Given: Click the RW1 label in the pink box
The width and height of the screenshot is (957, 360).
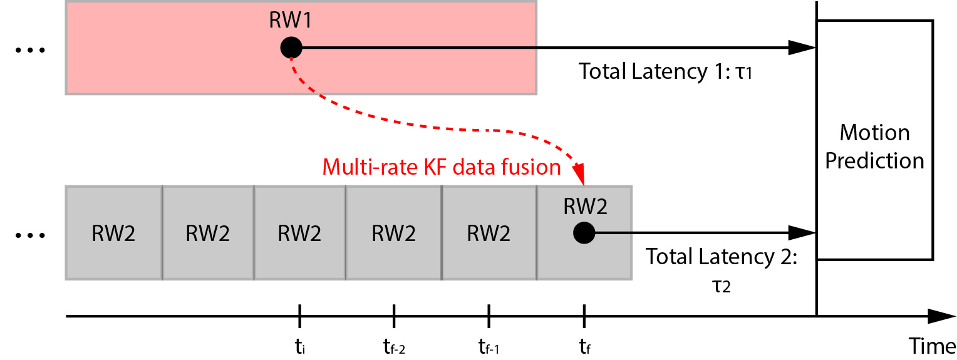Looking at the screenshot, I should coord(290,21).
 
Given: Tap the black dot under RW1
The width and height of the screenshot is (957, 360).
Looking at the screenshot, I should coord(291,47).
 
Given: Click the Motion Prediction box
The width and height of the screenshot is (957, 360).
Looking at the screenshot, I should coord(874,140).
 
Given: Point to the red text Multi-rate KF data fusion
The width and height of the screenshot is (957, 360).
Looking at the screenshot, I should coord(441,167).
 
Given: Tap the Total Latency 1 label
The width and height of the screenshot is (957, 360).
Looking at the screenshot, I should coord(665,71).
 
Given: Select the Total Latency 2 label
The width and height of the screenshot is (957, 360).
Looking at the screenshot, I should coord(721,257).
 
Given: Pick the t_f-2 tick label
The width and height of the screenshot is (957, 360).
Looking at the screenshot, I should coord(393,345).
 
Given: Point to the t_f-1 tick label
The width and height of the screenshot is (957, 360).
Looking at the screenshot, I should coord(489,345).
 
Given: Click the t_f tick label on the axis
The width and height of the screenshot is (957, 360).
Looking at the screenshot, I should coord(584,345).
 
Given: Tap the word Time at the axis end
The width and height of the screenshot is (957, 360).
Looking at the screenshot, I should coord(933,344).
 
